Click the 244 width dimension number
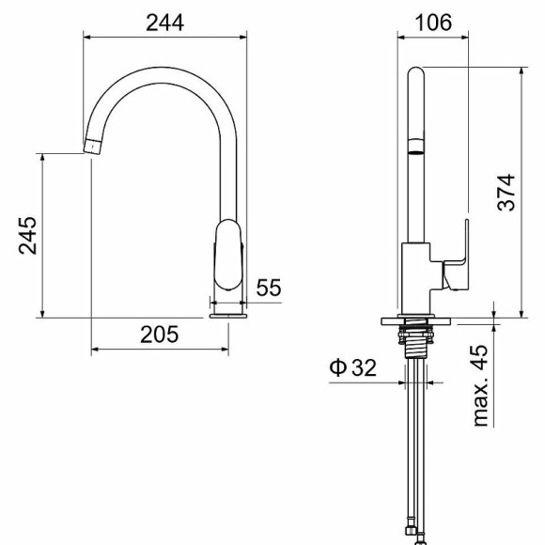[x=164, y=23]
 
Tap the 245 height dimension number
[x=27, y=236]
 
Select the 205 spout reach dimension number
[x=160, y=335]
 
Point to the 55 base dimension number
[x=269, y=288]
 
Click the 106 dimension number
[x=433, y=23]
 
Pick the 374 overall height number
[x=506, y=193]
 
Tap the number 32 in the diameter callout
[x=364, y=367]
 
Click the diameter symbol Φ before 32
[x=338, y=367]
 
